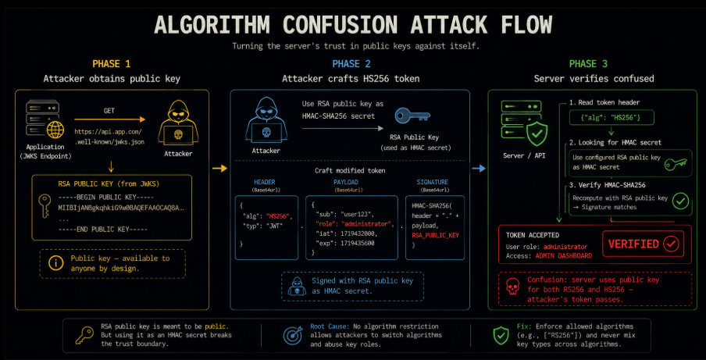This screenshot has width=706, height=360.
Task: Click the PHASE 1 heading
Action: coord(111,64)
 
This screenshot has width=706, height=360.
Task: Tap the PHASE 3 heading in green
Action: coord(589,64)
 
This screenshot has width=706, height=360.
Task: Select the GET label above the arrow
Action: coord(109,111)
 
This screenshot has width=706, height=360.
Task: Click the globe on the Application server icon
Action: coord(55,130)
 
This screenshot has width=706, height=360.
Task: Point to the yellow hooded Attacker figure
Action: coord(178,123)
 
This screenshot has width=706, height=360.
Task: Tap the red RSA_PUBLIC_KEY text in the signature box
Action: coord(437,235)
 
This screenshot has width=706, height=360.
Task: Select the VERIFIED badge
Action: coord(643,244)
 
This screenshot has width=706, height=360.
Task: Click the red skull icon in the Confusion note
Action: coord(512,287)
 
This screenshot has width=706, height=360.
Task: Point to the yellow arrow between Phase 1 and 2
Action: coord(219,169)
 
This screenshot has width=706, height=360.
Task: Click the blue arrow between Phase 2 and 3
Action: coord(479,169)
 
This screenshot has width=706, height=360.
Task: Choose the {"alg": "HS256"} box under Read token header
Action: coord(611,118)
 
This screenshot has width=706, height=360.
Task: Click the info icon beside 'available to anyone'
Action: coord(55,264)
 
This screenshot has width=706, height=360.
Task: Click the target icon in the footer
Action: coord(293,335)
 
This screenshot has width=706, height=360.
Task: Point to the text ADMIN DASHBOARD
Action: coord(564,255)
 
